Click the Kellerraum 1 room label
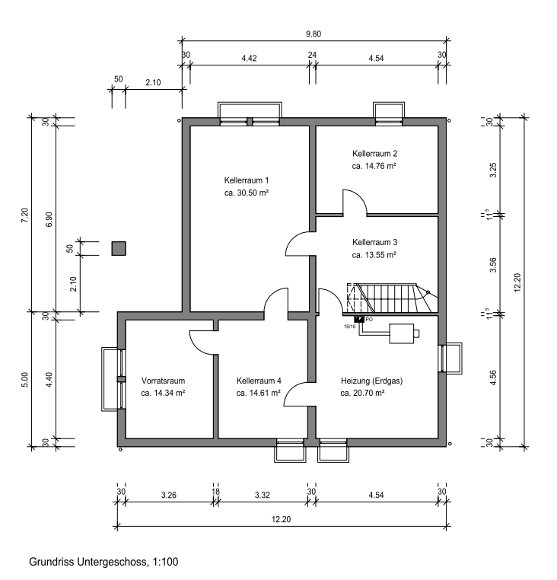[247, 180]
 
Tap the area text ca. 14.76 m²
[374, 165]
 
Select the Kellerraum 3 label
[374, 241]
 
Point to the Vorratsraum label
[164, 381]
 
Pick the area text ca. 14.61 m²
[259, 394]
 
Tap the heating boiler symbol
[403, 332]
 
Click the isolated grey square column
[119, 248]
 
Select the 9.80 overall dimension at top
[314, 33]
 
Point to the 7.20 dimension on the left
[24, 215]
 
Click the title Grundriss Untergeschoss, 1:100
[103, 563]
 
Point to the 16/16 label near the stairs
[349, 327]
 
